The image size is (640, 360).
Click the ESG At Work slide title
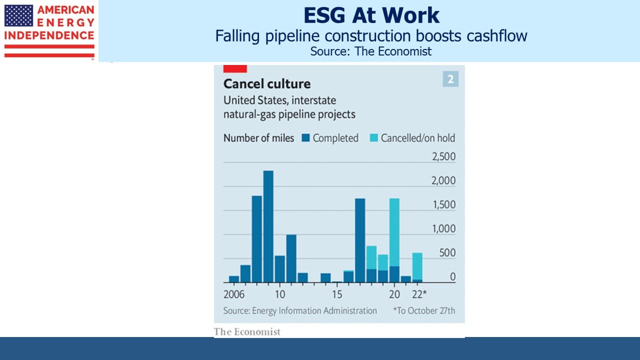(371, 15)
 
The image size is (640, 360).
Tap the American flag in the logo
(18, 15)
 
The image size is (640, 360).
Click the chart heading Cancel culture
(267, 83)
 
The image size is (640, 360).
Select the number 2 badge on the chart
(450, 79)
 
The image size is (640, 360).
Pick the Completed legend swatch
(305, 138)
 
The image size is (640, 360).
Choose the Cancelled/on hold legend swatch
(373, 138)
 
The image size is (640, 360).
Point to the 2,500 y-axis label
(443, 156)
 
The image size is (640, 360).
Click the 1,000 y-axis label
(443, 229)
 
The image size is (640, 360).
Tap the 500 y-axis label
(447, 253)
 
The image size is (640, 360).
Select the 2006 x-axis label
(234, 294)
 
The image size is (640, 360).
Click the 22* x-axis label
(419, 294)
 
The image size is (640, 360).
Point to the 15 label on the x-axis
(337, 294)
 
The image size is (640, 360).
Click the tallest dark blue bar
(268, 226)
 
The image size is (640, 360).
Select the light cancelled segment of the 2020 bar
(394, 232)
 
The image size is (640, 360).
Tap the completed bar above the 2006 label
(234, 279)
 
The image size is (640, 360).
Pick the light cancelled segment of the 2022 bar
(417, 266)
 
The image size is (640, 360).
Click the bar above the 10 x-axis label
(279, 269)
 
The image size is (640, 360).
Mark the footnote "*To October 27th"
(424, 310)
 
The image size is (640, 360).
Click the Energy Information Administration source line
(300, 310)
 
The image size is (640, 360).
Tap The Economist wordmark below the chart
(247, 331)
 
